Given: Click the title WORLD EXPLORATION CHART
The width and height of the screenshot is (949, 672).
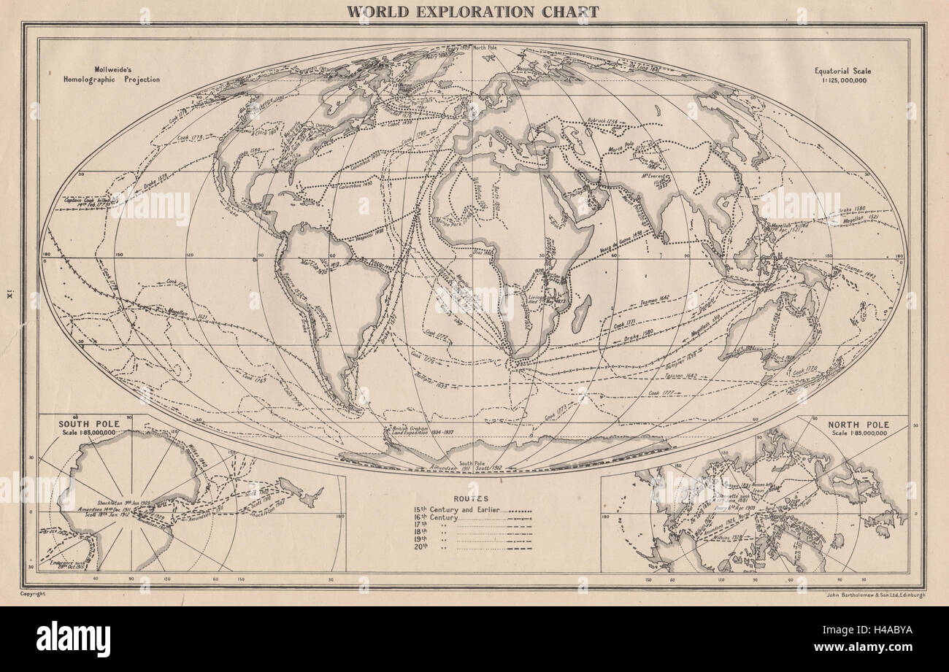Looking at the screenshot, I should [x=472, y=12].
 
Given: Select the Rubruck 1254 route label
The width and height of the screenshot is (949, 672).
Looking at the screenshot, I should [x=602, y=122].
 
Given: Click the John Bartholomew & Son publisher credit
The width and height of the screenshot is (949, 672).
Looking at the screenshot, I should [x=872, y=595].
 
